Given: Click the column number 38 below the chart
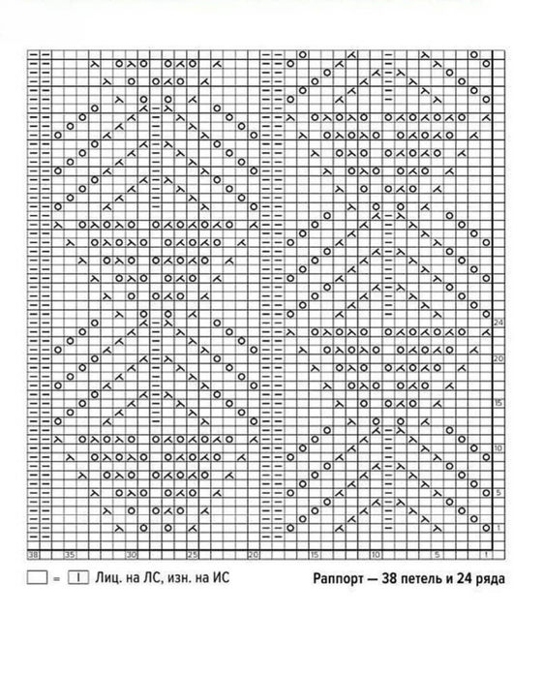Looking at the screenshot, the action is click(x=32, y=556).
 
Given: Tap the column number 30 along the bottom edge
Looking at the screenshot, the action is click(x=131, y=556).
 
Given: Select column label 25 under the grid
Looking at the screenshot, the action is click(x=192, y=556).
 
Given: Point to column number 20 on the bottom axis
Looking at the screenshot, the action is click(x=253, y=556).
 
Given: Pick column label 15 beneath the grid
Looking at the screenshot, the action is click(x=314, y=556).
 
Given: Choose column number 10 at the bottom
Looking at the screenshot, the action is click(x=375, y=556).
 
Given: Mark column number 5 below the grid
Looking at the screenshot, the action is click(x=437, y=556).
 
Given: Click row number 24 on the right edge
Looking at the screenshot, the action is click(x=499, y=322).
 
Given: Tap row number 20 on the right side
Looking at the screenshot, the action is click(x=499, y=359).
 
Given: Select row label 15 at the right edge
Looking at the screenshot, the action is click(x=499, y=402).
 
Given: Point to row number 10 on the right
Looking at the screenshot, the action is click(x=499, y=448).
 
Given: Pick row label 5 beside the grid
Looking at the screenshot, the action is click(x=499, y=492).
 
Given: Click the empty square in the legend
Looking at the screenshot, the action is click(x=37, y=579).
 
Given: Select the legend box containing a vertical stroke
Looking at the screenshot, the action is click(x=77, y=579).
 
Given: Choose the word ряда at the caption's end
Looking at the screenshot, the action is click(x=491, y=580).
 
